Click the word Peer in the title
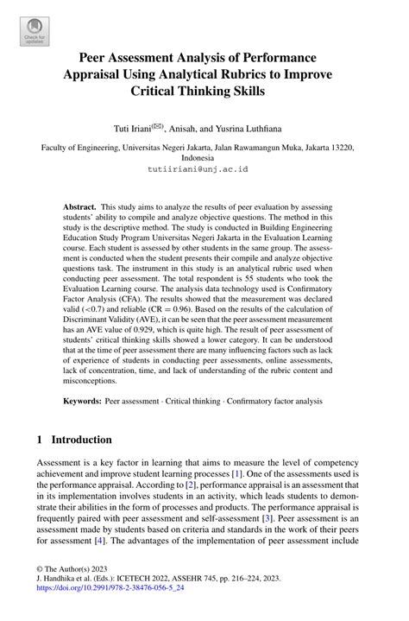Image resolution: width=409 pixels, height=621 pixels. pos(98,57)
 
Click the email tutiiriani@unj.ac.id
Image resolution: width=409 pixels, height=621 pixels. pos(204,170)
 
